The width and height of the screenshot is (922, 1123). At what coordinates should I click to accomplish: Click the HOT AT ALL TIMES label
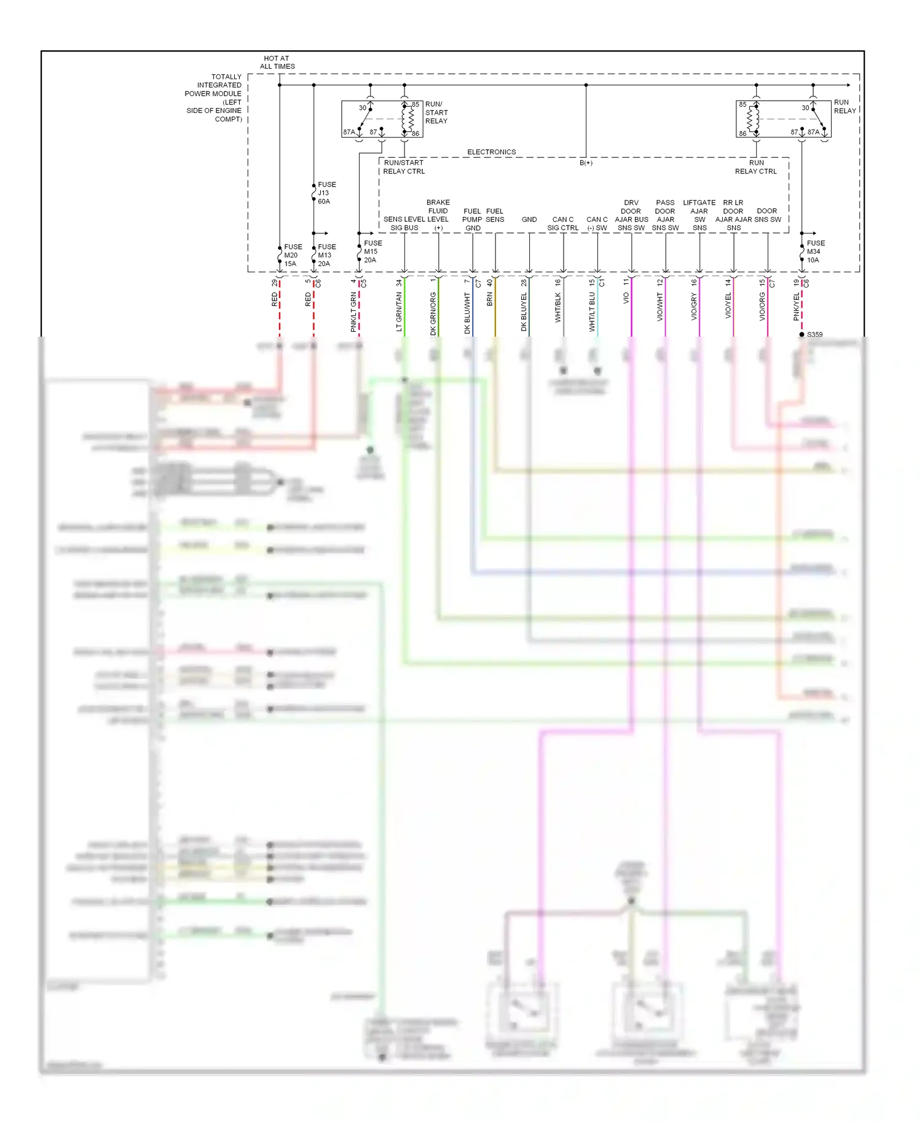click(277, 62)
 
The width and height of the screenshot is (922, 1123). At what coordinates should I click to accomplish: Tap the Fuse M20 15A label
click(293, 255)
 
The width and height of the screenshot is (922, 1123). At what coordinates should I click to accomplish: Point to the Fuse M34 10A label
click(815, 251)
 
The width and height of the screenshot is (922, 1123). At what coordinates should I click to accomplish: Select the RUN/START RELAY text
click(436, 112)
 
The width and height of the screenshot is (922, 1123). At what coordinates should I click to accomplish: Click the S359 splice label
click(814, 334)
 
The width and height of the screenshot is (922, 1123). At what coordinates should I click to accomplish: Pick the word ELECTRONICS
click(491, 152)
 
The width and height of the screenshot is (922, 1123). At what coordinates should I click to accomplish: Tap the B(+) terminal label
click(586, 163)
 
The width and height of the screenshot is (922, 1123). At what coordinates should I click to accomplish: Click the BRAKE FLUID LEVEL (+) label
click(438, 215)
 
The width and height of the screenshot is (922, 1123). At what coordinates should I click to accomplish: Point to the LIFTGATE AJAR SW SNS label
click(699, 215)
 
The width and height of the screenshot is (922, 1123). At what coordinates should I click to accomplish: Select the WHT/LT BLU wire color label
click(592, 311)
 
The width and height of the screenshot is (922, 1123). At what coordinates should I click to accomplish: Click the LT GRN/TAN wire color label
click(399, 311)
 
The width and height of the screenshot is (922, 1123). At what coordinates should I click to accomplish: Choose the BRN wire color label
click(490, 299)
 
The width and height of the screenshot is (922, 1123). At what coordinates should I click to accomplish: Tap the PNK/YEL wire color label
click(797, 307)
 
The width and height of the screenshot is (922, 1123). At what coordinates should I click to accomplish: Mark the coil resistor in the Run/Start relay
click(409, 119)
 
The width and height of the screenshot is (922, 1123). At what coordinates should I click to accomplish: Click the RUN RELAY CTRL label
click(755, 167)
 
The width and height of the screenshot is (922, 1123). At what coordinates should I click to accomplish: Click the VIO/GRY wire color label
click(694, 307)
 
